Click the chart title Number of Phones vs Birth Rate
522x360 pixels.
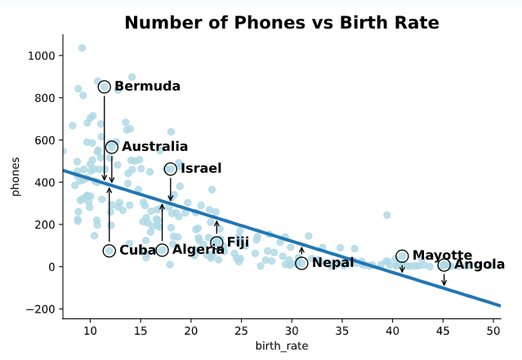tap(281, 23)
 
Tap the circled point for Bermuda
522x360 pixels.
tap(105, 87)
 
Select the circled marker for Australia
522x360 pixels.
tap(112, 147)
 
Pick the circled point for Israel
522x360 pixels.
tap(171, 169)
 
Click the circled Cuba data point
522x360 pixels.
tap(109, 251)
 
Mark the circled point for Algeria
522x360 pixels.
tap(162, 250)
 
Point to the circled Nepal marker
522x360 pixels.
tap(301, 263)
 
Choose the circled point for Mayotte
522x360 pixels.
tap(402, 256)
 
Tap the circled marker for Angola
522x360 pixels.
tap(444, 264)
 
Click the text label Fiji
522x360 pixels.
tap(238, 242)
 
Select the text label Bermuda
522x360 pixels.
tap(147, 87)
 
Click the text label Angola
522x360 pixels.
tap(480, 264)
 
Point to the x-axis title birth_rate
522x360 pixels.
tap(281, 347)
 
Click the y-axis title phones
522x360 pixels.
tap(16, 176)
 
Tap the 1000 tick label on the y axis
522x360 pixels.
tap(42, 56)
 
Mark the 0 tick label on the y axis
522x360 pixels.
tap(51, 267)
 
